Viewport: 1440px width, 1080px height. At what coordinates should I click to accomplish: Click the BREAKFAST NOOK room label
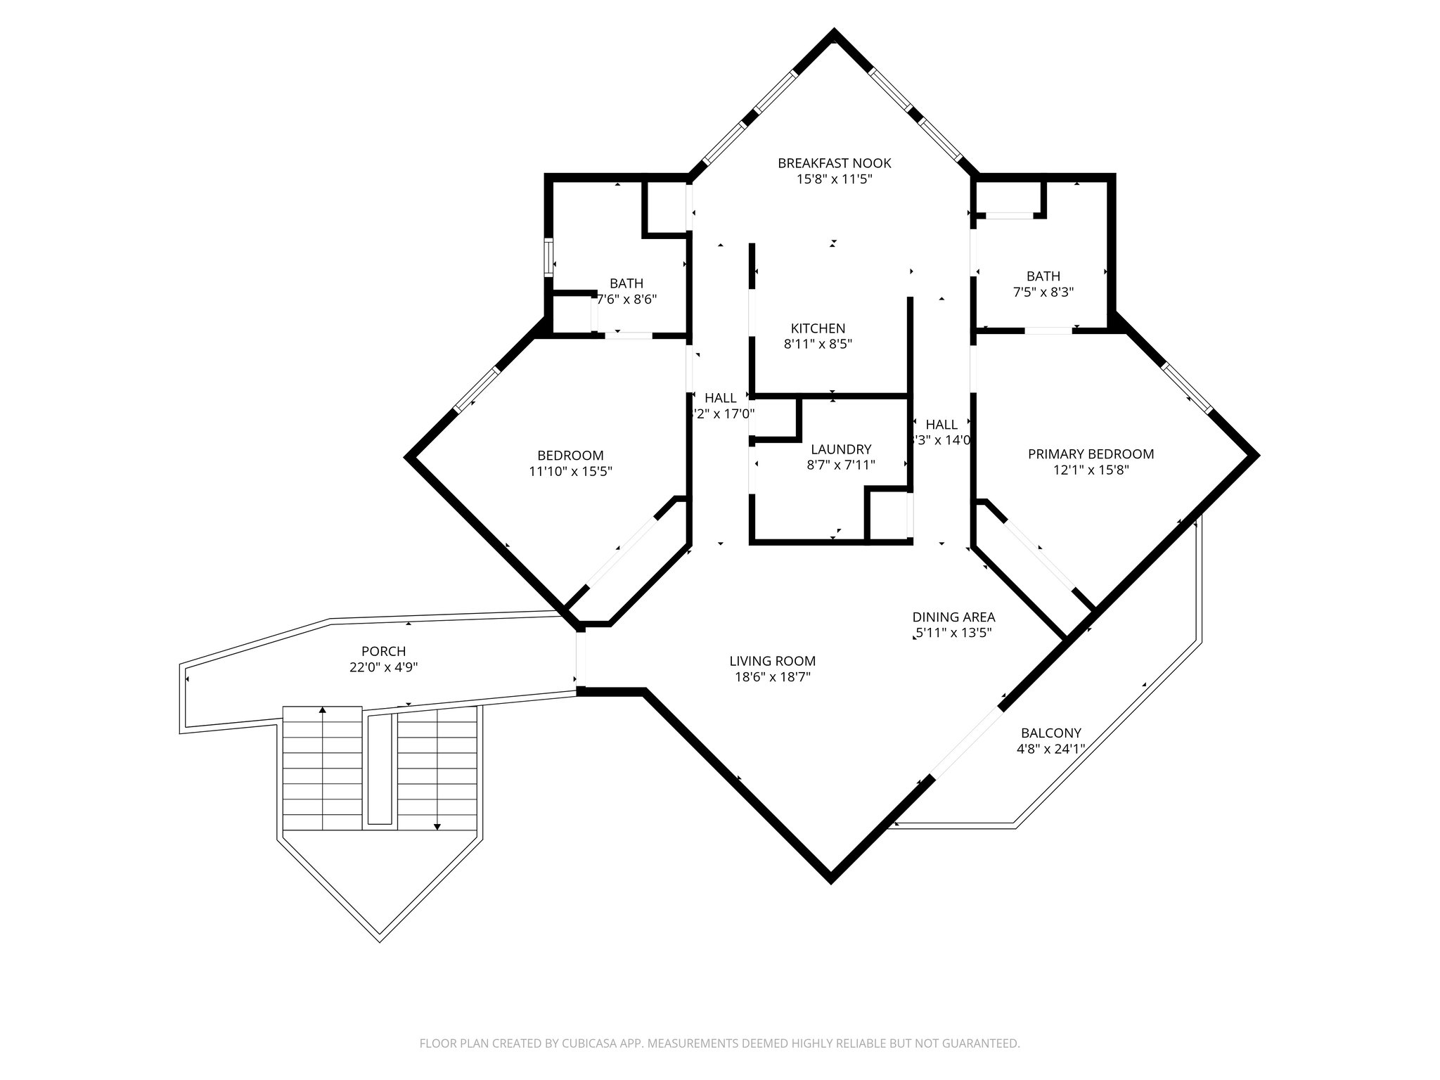coord(834,163)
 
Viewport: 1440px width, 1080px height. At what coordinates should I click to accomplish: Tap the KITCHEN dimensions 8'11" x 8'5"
coord(818,345)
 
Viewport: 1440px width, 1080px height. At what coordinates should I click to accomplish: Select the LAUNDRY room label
coord(841,449)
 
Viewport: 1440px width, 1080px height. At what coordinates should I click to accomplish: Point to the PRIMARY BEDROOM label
coord(1091,454)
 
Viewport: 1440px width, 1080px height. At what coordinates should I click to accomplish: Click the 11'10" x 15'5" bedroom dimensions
coord(570,471)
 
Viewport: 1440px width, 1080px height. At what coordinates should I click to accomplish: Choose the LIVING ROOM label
coord(772,661)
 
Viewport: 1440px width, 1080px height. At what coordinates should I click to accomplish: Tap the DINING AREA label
coord(953,617)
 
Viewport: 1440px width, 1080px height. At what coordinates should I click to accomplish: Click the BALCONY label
coord(1051,733)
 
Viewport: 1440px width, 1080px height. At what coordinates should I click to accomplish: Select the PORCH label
coord(383,652)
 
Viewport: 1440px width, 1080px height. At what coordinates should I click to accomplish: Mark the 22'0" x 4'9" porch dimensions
coord(383,667)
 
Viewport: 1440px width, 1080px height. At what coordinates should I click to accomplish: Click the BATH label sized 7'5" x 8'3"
coord(1043,276)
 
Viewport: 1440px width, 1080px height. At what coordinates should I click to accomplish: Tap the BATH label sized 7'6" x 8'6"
coord(626,283)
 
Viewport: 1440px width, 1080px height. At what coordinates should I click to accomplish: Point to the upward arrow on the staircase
coord(323,712)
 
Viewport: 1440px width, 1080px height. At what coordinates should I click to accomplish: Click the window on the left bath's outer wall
coord(548,257)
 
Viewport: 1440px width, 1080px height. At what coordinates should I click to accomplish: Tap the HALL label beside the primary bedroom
coord(941,425)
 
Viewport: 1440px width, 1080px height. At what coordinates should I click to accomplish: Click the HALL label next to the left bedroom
coord(721,398)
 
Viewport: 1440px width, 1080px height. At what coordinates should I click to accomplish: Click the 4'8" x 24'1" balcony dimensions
coord(1050,749)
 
